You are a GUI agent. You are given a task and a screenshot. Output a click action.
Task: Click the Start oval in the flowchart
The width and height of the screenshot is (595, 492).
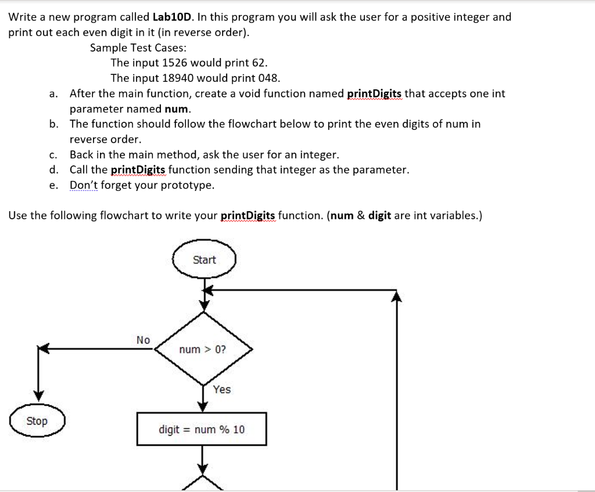(x=204, y=260)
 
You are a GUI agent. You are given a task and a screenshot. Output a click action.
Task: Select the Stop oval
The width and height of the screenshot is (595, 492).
(x=37, y=421)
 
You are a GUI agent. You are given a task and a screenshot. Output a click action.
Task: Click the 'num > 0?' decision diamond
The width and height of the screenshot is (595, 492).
(x=203, y=349)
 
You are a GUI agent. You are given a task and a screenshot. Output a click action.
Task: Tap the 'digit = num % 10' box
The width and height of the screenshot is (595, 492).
(x=202, y=429)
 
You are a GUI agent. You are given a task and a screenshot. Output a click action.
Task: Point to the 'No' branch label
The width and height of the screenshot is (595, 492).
(x=143, y=340)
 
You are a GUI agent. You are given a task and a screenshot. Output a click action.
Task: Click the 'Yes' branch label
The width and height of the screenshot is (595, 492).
(x=221, y=389)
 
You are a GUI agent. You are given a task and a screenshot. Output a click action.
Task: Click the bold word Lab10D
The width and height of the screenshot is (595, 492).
(x=170, y=17)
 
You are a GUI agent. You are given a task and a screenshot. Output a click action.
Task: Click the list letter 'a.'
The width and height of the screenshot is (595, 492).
(x=53, y=93)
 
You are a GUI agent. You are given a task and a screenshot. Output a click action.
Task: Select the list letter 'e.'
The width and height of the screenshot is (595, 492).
(x=53, y=185)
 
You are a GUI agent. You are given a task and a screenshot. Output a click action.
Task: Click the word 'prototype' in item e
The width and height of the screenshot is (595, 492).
(x=187, y=185)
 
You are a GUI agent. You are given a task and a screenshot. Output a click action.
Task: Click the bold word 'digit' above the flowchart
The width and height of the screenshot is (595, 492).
(x=379, y=216)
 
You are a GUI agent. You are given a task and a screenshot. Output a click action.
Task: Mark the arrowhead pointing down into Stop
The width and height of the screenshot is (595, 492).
(x=38, y=395)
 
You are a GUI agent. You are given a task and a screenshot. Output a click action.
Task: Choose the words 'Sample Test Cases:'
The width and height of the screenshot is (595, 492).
(x=138, y=48)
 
